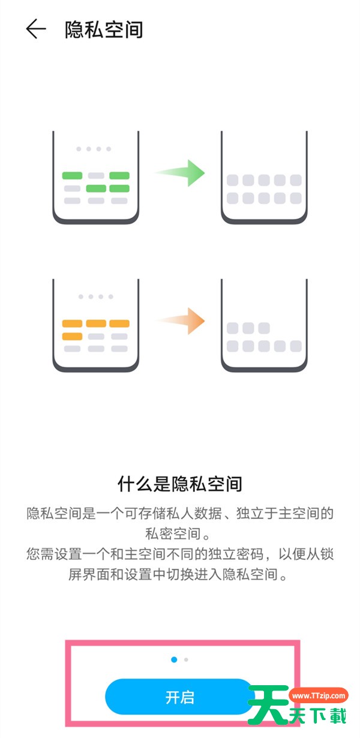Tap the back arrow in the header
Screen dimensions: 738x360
click(36, 29)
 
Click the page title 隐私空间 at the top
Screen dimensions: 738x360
click(104, 29)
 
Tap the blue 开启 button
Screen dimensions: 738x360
click(179, 697)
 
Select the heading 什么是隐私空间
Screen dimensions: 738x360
click(179, 484)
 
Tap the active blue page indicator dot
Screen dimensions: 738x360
click(174, 659)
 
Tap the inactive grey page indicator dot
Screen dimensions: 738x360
click(187, 659)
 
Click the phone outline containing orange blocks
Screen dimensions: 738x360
click(96, 327)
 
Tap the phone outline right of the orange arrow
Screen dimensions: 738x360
click(264, 327)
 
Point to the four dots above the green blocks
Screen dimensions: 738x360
click(94, 149)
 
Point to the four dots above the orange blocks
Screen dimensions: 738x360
click(94, 296)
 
